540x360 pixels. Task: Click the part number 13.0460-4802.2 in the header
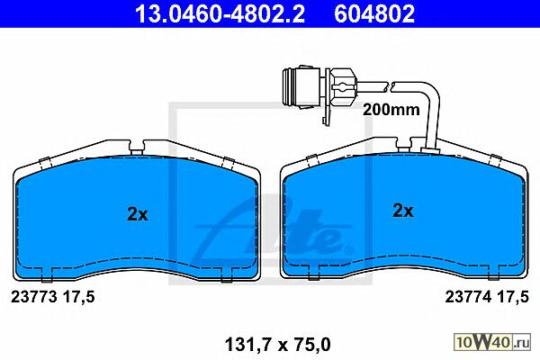pyautogui.click(x=220, y=13)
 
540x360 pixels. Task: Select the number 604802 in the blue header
pyautogui.click(x=374, y=13)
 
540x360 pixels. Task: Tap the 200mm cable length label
pyautogui.click(x=391, y=110)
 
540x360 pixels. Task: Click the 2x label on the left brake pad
pyautogui.click(x=138, y=214)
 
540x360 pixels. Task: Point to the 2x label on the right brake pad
pyautogui.click(x=403, y=211)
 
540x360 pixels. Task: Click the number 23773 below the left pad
pyautogui.click(x=34, y=297)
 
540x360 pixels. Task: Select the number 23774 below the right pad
pyautogui.click(x=468, y=297)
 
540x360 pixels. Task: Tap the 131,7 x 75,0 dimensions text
pyautogui.click(x=277, y=344)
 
